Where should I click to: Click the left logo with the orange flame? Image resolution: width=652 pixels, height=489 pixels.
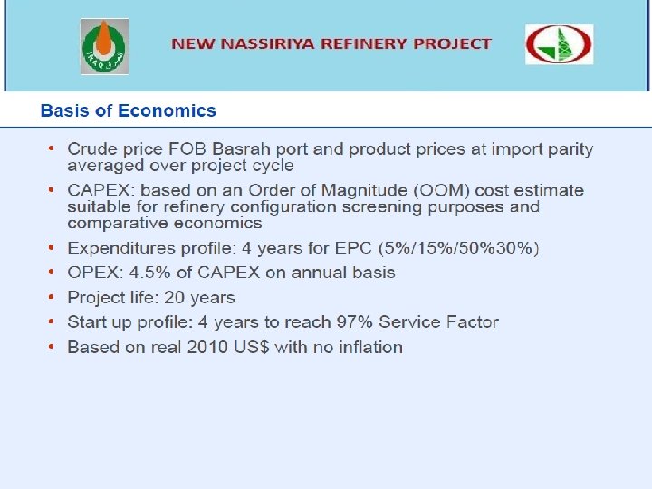105,46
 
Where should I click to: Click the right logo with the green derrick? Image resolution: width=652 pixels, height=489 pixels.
559,44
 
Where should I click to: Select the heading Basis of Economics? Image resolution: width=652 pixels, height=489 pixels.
128,111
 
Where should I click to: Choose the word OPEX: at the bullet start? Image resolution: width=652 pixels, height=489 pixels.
95,273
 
